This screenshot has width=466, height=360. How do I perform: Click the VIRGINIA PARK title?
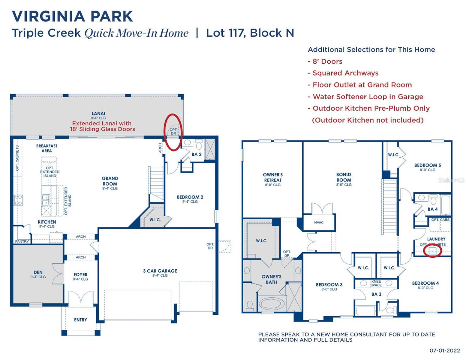point(72,16)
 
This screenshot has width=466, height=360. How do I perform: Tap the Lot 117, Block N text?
point(250,33)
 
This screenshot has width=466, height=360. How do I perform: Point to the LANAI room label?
point(98,114)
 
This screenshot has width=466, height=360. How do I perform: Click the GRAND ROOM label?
point(110,181)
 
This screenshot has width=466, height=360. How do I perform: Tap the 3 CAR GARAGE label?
point(160,271)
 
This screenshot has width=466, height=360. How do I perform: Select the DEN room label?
point(38,272)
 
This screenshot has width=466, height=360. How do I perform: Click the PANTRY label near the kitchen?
point(22,241)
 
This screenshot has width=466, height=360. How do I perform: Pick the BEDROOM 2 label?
point(190,197)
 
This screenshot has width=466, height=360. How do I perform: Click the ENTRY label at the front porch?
point(80,320)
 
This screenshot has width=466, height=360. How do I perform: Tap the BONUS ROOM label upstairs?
point(344,177)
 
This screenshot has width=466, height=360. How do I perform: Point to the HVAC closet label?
point(319,222)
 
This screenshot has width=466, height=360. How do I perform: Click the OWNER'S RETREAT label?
point(273,177)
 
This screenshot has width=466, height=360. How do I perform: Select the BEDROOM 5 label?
point(427,165)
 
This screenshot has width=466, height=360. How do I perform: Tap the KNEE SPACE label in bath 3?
point(376,283)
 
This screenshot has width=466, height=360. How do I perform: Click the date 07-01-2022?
point(444,350)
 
